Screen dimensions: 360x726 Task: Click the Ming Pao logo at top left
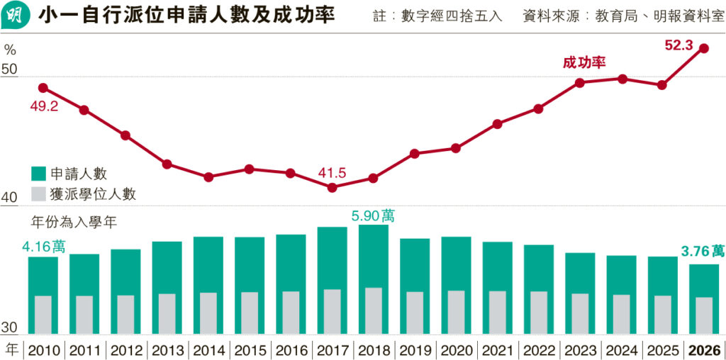[16, 16]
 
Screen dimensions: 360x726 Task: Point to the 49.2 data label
[44, 106]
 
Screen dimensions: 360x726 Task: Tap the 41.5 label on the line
[332, 173]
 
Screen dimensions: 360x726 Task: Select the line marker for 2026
[704, 48]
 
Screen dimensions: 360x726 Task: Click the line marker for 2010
[43, 88]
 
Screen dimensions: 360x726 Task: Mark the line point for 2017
[333, 188]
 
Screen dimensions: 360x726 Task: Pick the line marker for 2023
[580, 83]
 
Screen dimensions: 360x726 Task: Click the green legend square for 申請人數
[38, 174]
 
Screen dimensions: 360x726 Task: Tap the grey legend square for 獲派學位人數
[38, 193]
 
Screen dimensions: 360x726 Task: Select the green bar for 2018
[374, 255]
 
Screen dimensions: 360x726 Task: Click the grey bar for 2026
[704, 315]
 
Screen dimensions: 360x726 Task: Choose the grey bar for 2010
[43, 315]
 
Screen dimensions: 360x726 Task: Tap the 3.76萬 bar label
[703, 251]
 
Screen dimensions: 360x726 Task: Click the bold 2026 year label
[704, 351]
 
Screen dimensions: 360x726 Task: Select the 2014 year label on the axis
[208, 351]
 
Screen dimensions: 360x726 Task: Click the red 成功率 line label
[584, 62]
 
